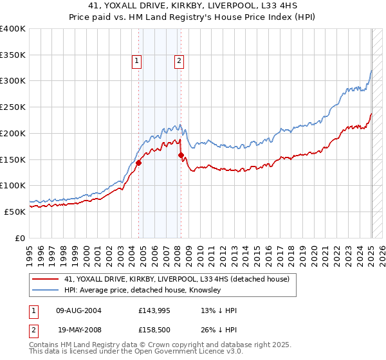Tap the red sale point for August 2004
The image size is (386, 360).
point(138,163)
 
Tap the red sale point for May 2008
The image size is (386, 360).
point(181,155)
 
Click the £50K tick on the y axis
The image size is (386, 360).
point(15,212)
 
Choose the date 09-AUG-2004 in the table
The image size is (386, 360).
point(79,310)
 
